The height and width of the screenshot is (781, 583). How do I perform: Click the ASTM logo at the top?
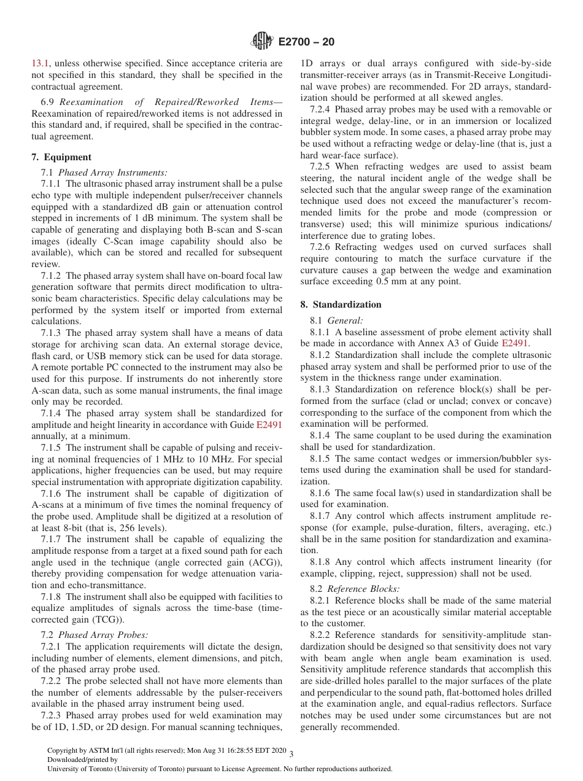262,42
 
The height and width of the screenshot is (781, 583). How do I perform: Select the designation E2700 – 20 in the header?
306,42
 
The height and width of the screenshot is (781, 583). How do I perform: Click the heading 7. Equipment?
61,157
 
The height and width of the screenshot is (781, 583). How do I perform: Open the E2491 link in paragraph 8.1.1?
515,343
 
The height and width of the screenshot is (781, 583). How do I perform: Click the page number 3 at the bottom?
291,753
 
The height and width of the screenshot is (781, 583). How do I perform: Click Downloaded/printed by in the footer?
82,760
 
